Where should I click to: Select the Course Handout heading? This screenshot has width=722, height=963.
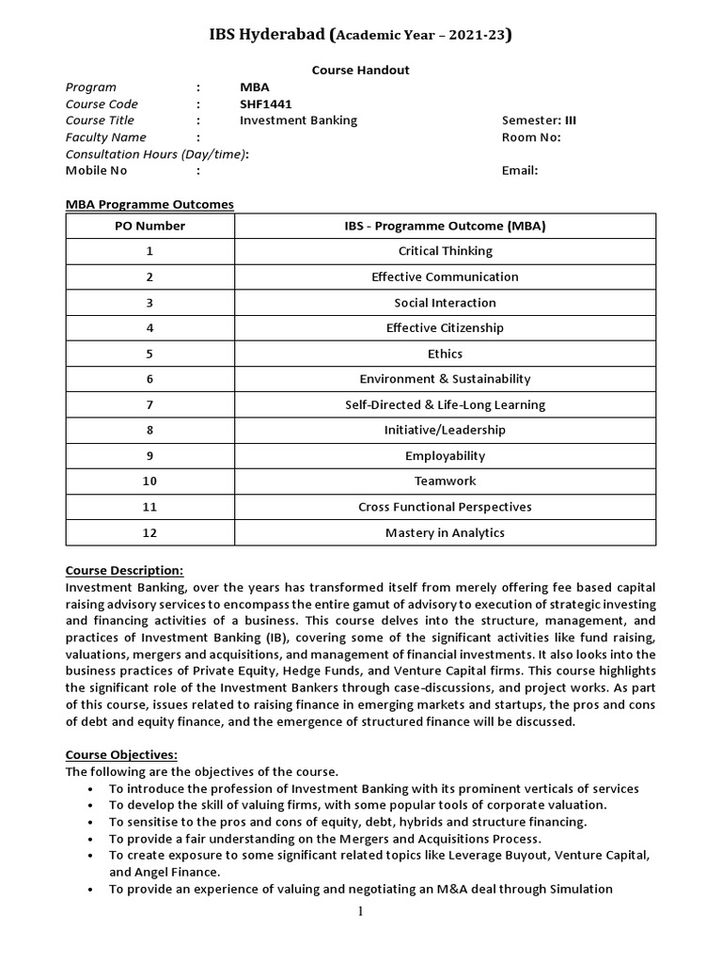(360, 70)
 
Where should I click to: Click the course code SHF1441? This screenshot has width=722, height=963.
(266, 104)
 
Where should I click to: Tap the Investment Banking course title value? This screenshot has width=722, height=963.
(298, 120)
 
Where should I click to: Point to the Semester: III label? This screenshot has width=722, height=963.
(539, 120)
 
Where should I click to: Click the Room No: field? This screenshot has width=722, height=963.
(531, 137)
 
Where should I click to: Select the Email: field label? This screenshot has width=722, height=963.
(520, 171)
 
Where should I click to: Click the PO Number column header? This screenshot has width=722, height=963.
(149, 226)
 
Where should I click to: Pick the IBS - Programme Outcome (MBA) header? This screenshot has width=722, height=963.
(445, 226)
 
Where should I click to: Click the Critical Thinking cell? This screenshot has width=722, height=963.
(445, 251)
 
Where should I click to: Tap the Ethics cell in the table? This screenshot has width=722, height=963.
(445, 354)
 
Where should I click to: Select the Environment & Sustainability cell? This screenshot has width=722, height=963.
(445, 379)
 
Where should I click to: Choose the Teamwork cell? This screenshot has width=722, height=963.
(445, 481)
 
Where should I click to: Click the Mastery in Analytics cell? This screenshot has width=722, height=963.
(445, 532)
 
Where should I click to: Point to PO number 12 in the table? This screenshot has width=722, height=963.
(149, 532)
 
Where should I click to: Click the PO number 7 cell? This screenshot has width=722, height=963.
(149, 404)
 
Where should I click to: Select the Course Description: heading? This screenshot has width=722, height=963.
(124, 570)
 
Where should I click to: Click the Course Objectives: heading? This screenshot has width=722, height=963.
(120, 754)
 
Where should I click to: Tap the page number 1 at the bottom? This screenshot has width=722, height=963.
(360, 910)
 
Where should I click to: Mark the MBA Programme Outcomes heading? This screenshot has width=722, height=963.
(149, 204)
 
